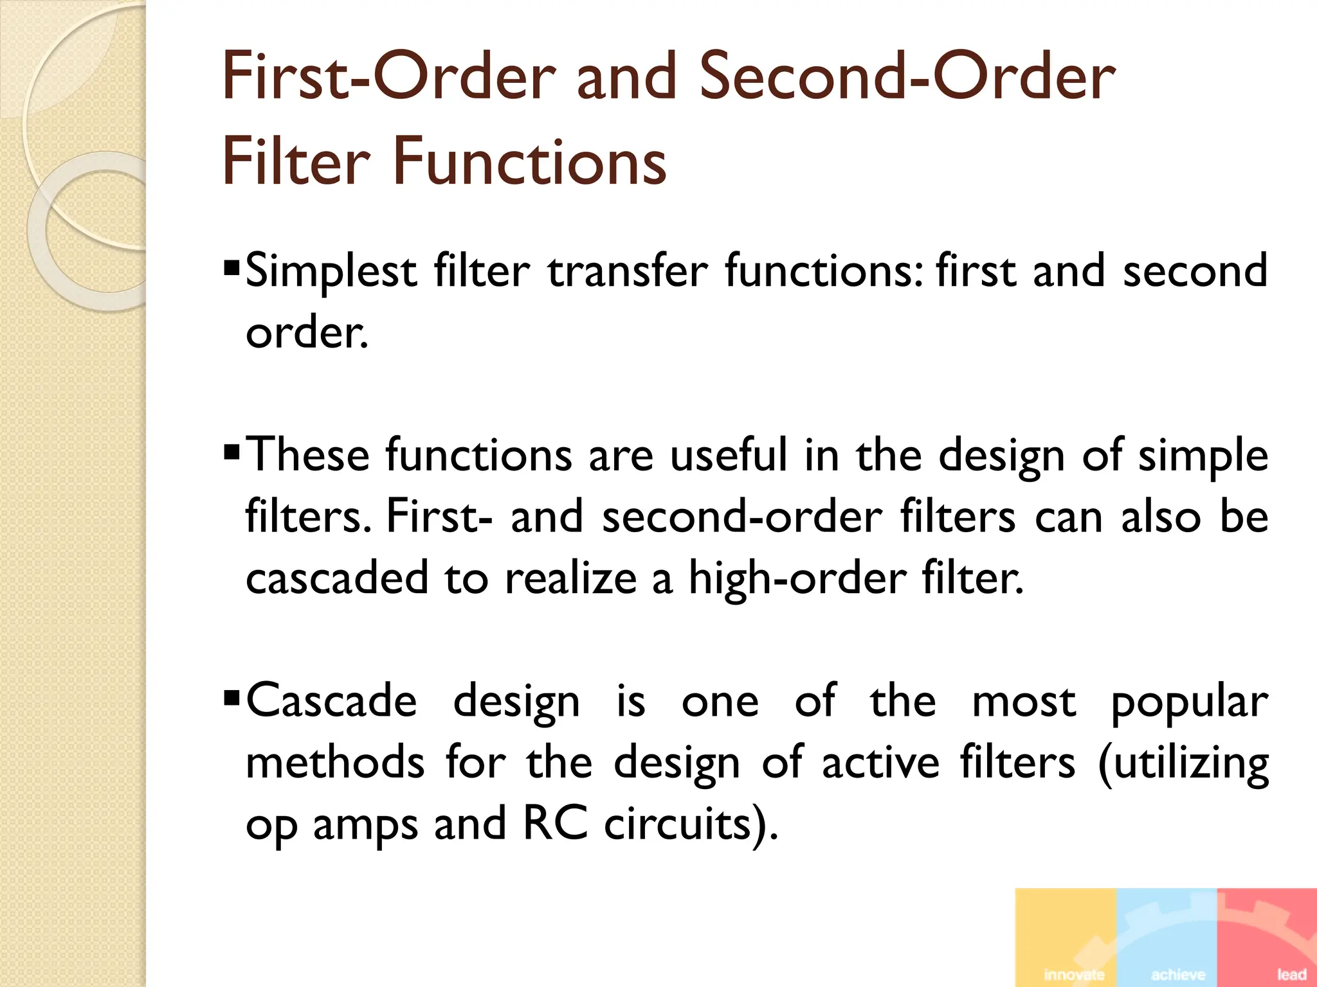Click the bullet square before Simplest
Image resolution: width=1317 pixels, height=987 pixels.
pyautogui.click(x=232, y=266)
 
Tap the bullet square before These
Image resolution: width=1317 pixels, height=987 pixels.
pyautogui.click(x=232, y=450)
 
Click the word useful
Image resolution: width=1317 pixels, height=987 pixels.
pyautogui.click(x=729, y=455)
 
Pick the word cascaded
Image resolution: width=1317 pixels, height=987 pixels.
pyautogui.click(x=336, y=578)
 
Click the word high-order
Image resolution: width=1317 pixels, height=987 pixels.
pyautogui.click(x=797, y=578)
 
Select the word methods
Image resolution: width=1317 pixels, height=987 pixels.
pyautogui.click(x=335, y=763)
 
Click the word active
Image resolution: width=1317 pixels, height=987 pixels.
pyautogui.click(x=880, y=763)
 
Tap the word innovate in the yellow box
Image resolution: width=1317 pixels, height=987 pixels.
pyautogui.click(x=1075, y=975)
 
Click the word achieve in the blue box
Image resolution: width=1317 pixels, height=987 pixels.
pyautogui.click(x=1178, y=975)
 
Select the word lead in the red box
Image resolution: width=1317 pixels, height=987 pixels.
pyautogui.click(x=1291, y=975)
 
